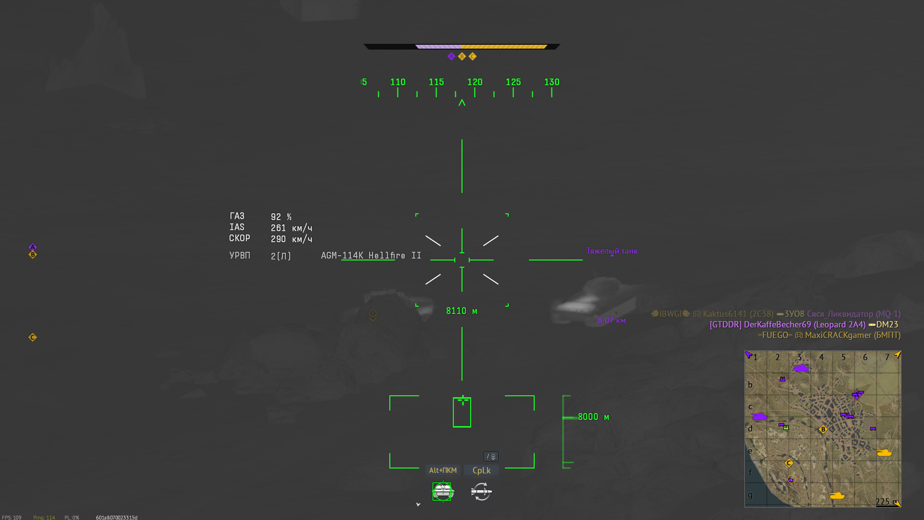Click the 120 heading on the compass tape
pos(475,82)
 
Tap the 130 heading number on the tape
pos(552,82)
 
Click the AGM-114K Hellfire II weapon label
pos(371,256)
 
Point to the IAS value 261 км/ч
pos(291,228)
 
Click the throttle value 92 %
pos(281,217)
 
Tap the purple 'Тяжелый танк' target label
pos(612,251)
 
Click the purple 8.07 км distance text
pos(612,320)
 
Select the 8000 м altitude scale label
pos(593,417)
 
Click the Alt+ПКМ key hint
pos(443,470)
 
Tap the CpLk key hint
pos(481,470)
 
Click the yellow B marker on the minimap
pos(823,429)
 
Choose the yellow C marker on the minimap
pos(789,463)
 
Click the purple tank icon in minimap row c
pos(759,416)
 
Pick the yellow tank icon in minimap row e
pos(884,453)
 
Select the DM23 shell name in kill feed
pos(887,325)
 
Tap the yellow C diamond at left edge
pos(33,338)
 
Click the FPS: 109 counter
pos(12,518)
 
